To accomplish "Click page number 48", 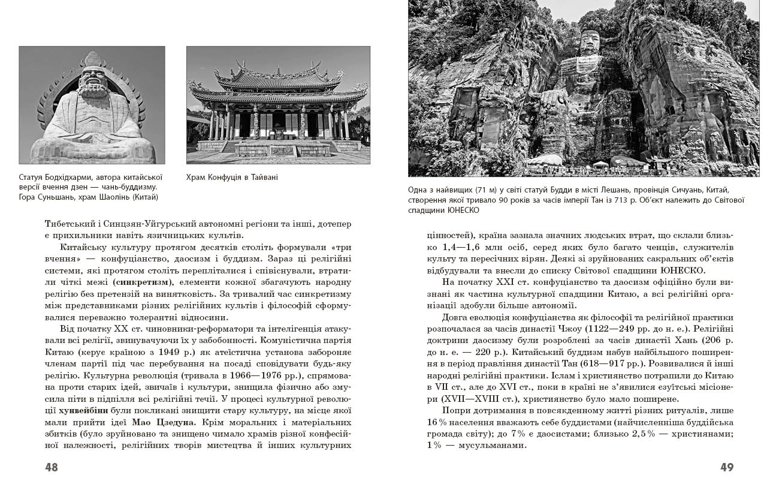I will pyautogui.click(x=52, y=467).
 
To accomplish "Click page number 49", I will pyautogui.click(x=726, y=467).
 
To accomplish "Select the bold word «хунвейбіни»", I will pyautogui.click(x=83, y=411).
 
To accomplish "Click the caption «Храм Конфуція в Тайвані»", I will pyautogui.click(x=232, y=178).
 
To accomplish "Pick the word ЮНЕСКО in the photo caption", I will pyautogui.click(x=464, y=211).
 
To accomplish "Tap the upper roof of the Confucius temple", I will pyautogui.click(x=278, y=77).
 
